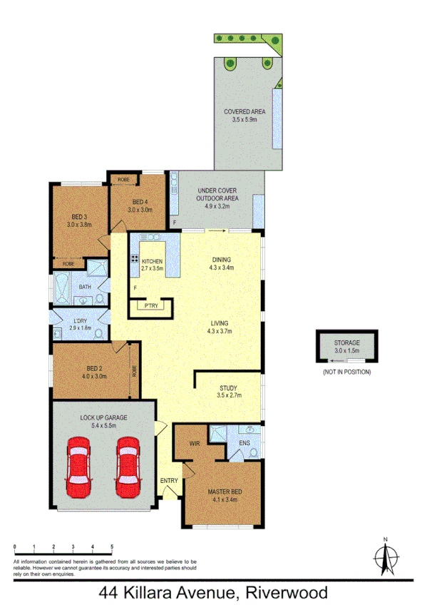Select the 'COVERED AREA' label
pyautogui.click(x=245, y=112)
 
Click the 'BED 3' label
pyautogui.click(x=79, y=217)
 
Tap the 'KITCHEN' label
pyautogui.click(x=153, y=262)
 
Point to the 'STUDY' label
pyautogui.click(x=229, y=389)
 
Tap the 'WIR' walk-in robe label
pyautogui.click(x=193, y=443)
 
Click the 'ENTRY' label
pyautogui.click(x=169, y=481)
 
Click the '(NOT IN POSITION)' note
pyautogui.click(x=347, y=372)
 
